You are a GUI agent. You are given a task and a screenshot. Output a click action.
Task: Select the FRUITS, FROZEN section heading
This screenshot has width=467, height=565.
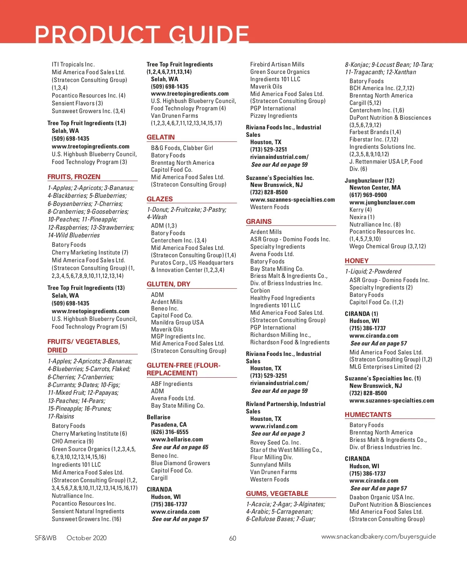tap(74, 177)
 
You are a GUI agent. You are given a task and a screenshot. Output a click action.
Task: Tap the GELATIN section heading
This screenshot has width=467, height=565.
tap(161, 137)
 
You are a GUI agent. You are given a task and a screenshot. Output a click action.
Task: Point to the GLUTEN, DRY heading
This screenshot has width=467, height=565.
tap(169, 284)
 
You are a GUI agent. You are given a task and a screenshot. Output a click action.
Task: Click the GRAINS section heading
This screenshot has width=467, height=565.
tap(259, 221)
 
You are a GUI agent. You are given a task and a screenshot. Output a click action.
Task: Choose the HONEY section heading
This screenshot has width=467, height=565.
tap(356, 261)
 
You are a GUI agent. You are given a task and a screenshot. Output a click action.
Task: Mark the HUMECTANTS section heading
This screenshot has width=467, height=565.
tap(368, 415)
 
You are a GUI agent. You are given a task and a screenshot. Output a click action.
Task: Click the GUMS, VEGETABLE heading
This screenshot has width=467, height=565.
tap(277, 494)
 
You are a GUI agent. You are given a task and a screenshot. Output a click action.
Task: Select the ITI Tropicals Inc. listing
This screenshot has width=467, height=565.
tap(73, 65)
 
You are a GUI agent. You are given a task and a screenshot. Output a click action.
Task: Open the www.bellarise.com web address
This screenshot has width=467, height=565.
tap(177, 439)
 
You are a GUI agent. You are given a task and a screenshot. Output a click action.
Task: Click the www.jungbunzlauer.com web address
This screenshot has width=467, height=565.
tap(382, 202)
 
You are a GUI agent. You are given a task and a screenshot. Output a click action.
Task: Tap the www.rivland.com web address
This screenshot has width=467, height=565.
tap(274, 426)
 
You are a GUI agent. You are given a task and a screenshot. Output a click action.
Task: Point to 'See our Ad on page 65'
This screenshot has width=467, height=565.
tap(180, 447)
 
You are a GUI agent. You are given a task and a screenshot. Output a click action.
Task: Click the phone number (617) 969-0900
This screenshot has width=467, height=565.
tap(368, 195)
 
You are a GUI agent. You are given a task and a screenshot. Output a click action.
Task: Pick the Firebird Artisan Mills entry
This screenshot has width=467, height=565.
tap(277, 65)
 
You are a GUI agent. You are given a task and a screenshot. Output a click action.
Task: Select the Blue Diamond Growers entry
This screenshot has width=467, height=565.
tap(181, 463)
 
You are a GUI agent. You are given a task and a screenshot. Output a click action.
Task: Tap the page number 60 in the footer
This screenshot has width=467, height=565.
tap(233, 538)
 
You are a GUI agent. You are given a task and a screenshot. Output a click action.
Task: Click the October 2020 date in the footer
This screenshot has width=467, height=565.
tap(86, 538)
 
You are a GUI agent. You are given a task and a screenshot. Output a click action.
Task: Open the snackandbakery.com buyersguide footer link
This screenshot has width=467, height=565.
tap(378, 537)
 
